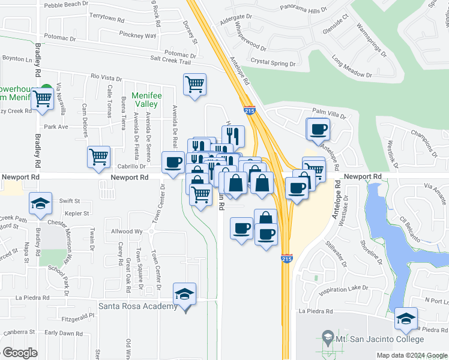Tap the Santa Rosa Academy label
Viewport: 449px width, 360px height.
(x=139, y=307)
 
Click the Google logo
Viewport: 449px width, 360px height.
(x=20, y=353)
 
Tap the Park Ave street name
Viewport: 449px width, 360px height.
(x=56, y=127)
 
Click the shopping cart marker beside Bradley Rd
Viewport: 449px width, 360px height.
(x=43, y=98)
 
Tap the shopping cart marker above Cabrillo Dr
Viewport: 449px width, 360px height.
(x=98, y=157)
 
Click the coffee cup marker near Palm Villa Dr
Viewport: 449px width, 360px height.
(x=318, y=128)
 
